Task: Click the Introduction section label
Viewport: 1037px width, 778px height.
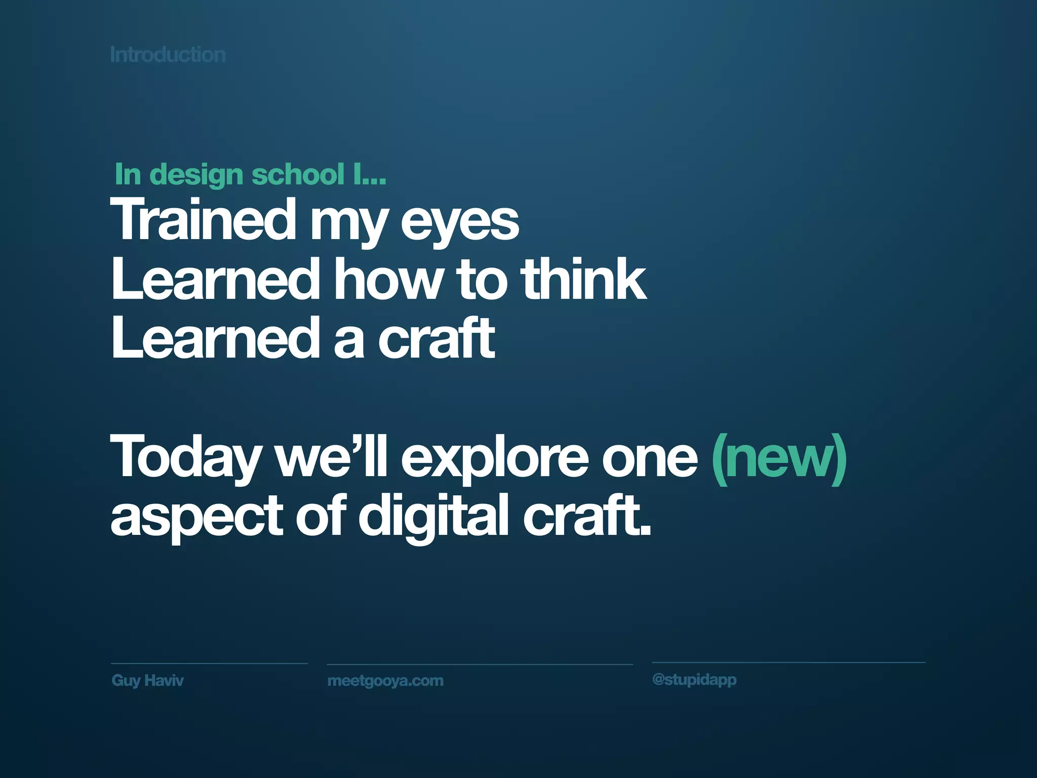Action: [x=168, y=55]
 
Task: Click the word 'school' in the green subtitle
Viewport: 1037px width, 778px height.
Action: [x=298, y=174]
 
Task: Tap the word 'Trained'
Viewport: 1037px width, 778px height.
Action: [x=203, y=220]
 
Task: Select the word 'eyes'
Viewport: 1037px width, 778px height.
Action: [x=460, y=223]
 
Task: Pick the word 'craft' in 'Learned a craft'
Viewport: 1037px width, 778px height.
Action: [x=436, y=338]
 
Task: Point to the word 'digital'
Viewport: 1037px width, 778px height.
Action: [x=433, y=517]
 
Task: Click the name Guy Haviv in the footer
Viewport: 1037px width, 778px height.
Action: [x=147, y=680]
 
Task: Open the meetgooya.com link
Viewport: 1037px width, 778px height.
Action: [x=385, y=681]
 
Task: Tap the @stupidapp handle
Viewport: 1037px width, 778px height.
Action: [x=694, y=679]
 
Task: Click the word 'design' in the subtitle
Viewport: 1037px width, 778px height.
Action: [x=197, y=175]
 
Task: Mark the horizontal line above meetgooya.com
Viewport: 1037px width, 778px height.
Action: [x=480, y=664]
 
